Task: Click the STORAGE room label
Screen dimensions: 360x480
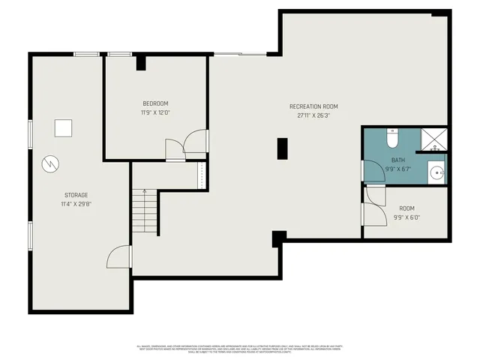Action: pyautogui.click(x=76, y=195)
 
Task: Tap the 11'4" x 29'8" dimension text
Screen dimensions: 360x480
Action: pyautogui.click(x=76, y=203)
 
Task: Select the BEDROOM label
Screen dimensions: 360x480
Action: pyautogui.click(x=155, y=103)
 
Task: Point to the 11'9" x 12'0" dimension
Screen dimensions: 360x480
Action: pyautogui.click(x=155, y=112)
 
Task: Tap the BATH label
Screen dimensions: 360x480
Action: pyautogui.click(x=398, y=160)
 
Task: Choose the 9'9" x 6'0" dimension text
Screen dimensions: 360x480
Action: pyautogui.click(x=406, y=217)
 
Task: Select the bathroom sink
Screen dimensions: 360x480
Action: pyautogui.click(x=438, y=172)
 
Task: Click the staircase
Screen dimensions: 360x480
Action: pyautogui.click(x=145, y=212)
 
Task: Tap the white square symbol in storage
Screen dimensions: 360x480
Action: pyautogui.click(x=64, y=128)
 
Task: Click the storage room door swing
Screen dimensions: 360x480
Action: pyautogui.click(x=118, y=257)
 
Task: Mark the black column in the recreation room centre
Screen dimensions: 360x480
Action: pyautogui.click(x=283, y=148)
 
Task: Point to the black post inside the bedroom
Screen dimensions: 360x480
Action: pyautogui.click(x=141, y=62)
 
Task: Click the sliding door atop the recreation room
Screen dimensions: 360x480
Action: pyautogui.click(x=240, y=53)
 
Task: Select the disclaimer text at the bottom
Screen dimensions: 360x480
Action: pyautogui.click(x=240, y=348)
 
